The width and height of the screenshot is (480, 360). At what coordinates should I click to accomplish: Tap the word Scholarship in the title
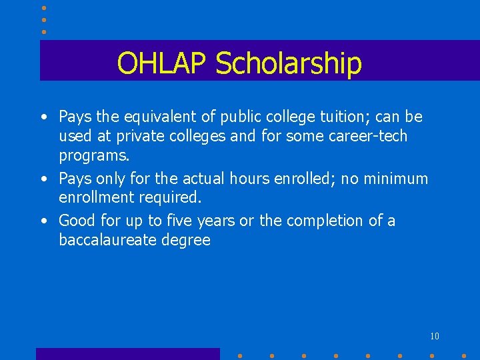pos(288,63)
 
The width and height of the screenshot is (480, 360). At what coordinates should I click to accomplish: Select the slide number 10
pos(434,336)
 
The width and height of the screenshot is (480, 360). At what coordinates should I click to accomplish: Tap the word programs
pos(94,155)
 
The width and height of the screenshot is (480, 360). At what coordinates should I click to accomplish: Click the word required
pos(172,197)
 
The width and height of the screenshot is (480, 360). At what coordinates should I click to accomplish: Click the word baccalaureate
pos(108,239)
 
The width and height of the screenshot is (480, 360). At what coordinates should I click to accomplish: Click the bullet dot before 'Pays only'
pos(43,179)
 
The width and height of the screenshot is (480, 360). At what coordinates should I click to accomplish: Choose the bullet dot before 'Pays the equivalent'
pos(43,118)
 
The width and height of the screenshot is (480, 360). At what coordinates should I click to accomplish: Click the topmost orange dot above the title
pos(44,8)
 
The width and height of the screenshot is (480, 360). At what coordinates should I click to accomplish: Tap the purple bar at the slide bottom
pos(127,354)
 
